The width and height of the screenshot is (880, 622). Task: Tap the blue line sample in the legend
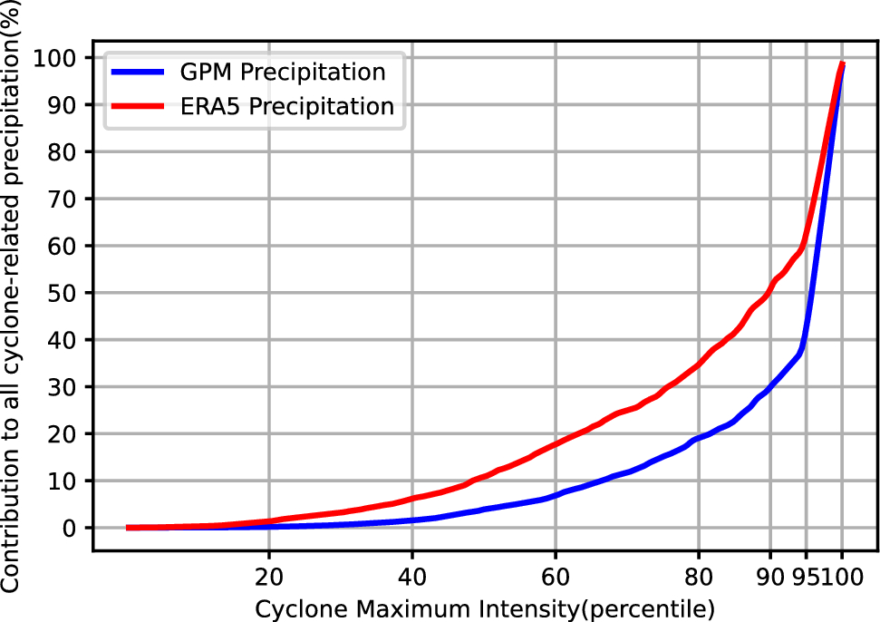pyautogui.click(x=136, y=73)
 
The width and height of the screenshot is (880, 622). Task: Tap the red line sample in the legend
pyautogui.click(x=136, y=107)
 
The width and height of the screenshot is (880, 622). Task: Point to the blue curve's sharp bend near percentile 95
pyautogui.click(x=801, y=349)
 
